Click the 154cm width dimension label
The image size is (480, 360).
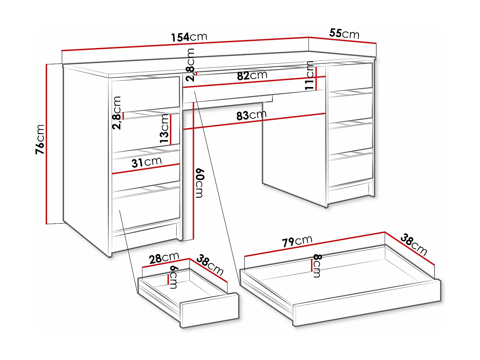pos(189,37)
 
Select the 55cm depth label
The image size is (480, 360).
pos(344,33)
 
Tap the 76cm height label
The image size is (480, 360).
pos(40,139)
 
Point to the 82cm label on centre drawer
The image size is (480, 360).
pos(252,76)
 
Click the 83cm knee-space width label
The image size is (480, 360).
pos(251,115)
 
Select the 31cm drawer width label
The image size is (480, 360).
pos(147,162)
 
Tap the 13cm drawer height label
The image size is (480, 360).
pos(164,129)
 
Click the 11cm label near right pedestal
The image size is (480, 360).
pos(309,76)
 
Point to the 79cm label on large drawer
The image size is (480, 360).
pos(297,241)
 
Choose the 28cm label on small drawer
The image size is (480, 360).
pos(164,258)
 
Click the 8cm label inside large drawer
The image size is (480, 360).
pos(317,266)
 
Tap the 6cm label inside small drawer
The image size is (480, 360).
pos(174,277)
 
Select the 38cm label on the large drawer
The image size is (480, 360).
pos(413,245)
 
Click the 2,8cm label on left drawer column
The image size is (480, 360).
pos(117,113)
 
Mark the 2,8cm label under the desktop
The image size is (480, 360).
pos(190,65)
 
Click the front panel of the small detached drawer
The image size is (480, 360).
pos(210,310)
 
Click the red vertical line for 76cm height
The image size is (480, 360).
pos(47,144)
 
